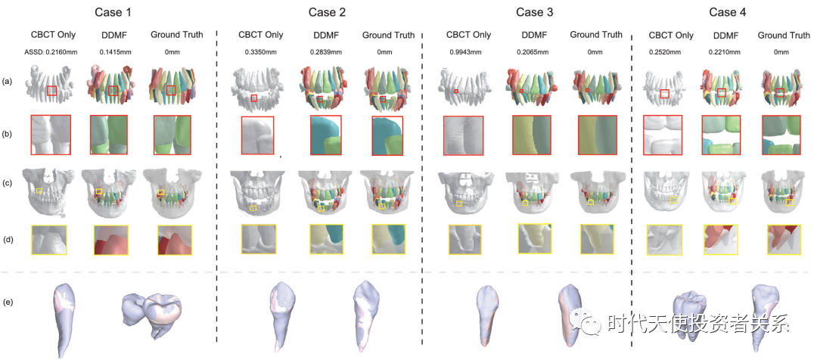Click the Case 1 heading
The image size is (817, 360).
pyautogui.click(x=113, y=12)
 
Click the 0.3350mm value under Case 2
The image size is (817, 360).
pyautogui.click(x=260, y=52)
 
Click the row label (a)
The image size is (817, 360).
pyautogui.click(x=8, y=81)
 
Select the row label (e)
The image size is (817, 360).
pyautogui.click(x=8, y=303)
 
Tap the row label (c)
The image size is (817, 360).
pyautogui.click(x=8, y=184)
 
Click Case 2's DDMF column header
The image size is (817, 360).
pyautogui.click(x=327, y=35)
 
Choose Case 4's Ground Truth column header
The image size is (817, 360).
pyautogui.click(x=783, y=35)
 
